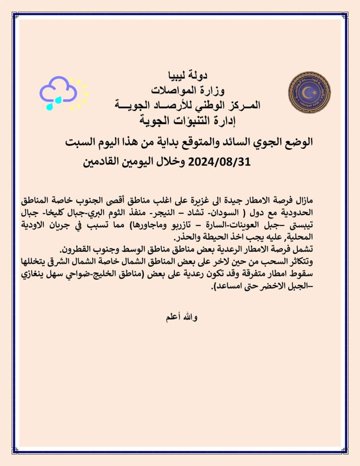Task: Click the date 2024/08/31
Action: coord(219,162)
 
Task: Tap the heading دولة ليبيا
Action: coord(188,75)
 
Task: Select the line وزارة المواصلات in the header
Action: coord(188,90)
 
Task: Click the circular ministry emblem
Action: coord(309,92)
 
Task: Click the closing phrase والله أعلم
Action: coord(182,317)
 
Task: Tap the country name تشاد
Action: coord(195,213)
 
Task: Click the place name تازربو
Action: coord(158,225)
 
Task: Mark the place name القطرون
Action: coord(76,249)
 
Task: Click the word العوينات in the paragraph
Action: coord(248,225)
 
